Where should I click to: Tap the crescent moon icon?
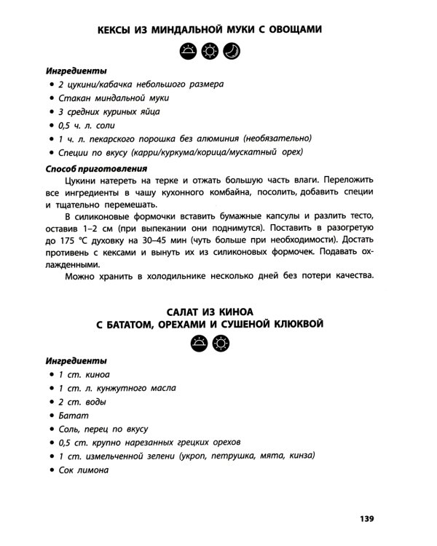click(x=231, y=51)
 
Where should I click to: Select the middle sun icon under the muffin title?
click(x=210, y=51)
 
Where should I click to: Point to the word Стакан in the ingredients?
click(x=74, y=98)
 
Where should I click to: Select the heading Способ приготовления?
click(x=88, y=167)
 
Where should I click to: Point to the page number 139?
click(x=366, y=518)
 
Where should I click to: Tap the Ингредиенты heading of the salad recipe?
click(x=76, y=360)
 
